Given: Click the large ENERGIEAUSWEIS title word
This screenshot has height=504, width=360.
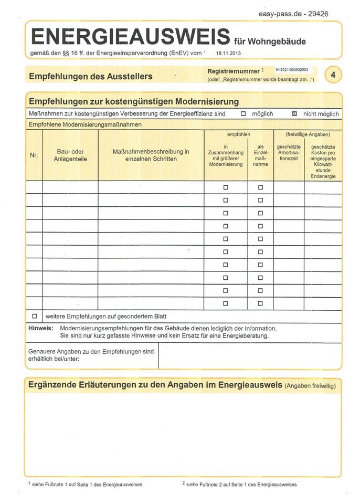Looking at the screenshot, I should click(x=130, y=36).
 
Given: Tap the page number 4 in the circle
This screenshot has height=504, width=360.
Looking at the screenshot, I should click(x=332, y=75).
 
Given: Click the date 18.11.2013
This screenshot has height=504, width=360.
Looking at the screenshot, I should click(x=228, y=54).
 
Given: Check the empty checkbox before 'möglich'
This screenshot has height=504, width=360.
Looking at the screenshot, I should click(x=243, y=113).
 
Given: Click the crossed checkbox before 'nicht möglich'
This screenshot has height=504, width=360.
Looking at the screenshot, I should click(x=294, y=113).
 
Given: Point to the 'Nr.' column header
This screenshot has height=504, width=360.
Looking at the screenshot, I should click(x=34, y=155).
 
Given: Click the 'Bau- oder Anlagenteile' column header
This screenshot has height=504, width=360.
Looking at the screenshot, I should click(x=70, y=155).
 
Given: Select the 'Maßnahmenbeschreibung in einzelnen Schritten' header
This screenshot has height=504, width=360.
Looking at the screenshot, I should click(x=151, y=155).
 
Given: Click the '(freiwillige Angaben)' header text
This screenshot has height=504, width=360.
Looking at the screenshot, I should click(x=308, y=135).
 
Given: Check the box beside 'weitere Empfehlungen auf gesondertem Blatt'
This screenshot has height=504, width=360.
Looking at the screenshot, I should click(x=35, y=317).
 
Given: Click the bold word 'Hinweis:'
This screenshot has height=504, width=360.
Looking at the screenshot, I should click(x=40, y=328).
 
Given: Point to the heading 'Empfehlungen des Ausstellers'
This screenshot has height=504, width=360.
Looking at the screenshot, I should click(x=90, y=76).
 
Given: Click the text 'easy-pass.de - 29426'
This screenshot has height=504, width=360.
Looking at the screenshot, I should click(x=294, y=14).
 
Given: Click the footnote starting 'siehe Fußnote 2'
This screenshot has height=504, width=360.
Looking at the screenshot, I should click(x=240, y=485).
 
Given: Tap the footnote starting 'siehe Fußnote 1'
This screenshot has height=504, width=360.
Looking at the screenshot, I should click(x=86, y=485).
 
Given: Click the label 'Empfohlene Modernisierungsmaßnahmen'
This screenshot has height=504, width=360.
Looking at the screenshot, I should click(x=84, y=125).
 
